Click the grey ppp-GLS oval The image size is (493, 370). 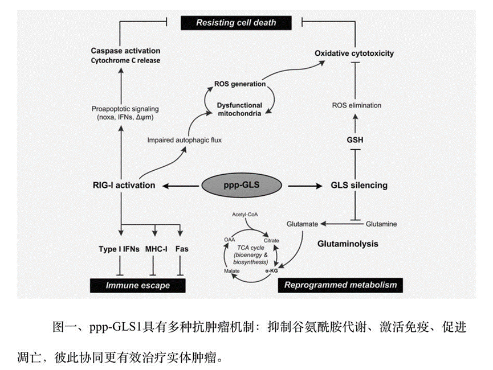tap(242, 185)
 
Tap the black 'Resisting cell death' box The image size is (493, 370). tap(236, 23)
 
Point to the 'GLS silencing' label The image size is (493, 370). tap(359, 185)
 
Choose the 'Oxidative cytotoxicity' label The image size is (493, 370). tap(354, 54)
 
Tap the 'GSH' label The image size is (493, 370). tap(355, 139)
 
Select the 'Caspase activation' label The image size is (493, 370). tap(126, 51)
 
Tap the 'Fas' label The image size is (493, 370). tap(181, 249)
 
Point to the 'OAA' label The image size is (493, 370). tap(228, 240)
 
